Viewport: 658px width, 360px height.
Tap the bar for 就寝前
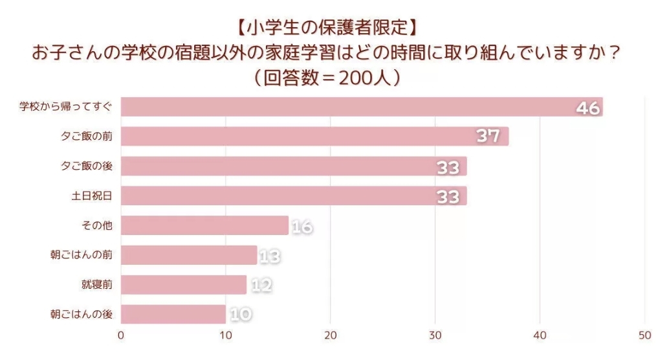click(184, 285)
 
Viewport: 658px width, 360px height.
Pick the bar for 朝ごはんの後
click(173, 315)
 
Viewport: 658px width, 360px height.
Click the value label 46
click(588, 107)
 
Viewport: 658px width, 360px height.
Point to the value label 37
click(488, 137)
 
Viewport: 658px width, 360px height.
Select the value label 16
click(302, 226)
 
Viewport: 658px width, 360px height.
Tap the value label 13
click(270, 256)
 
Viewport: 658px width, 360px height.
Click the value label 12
click(260, 285)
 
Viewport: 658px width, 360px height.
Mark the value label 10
click(240, 315)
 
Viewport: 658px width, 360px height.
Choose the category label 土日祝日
click(92, 196)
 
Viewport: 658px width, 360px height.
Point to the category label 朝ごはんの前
click(82, 256)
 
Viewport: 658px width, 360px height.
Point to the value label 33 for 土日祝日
click(448, 196)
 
